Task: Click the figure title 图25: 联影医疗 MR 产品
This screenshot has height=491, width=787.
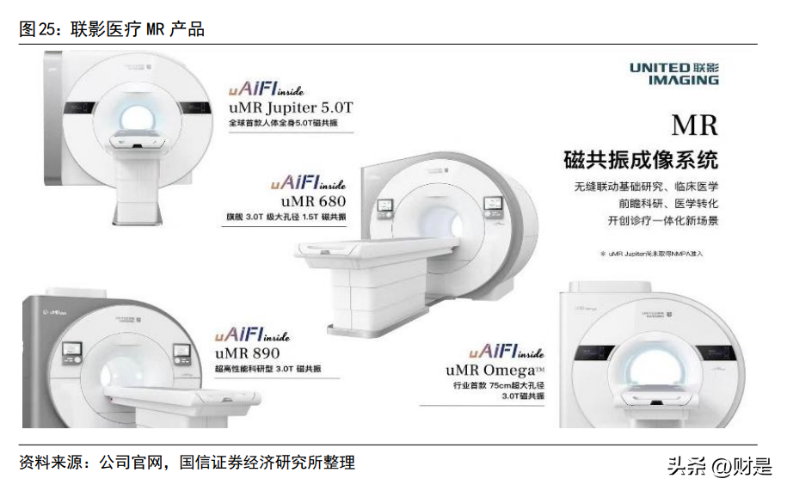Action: coord(112,29)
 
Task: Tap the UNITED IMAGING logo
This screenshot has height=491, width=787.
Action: coord(673,73)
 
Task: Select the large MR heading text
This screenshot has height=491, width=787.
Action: coord(693,126)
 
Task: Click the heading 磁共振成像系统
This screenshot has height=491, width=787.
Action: coord(640,160)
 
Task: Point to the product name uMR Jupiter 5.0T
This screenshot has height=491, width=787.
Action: coord(291,108)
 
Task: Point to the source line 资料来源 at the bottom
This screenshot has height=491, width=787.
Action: coord(187,463)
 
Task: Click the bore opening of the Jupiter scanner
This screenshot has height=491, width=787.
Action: coord(138,117)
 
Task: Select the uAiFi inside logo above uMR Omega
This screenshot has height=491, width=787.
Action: coord(507,352)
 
